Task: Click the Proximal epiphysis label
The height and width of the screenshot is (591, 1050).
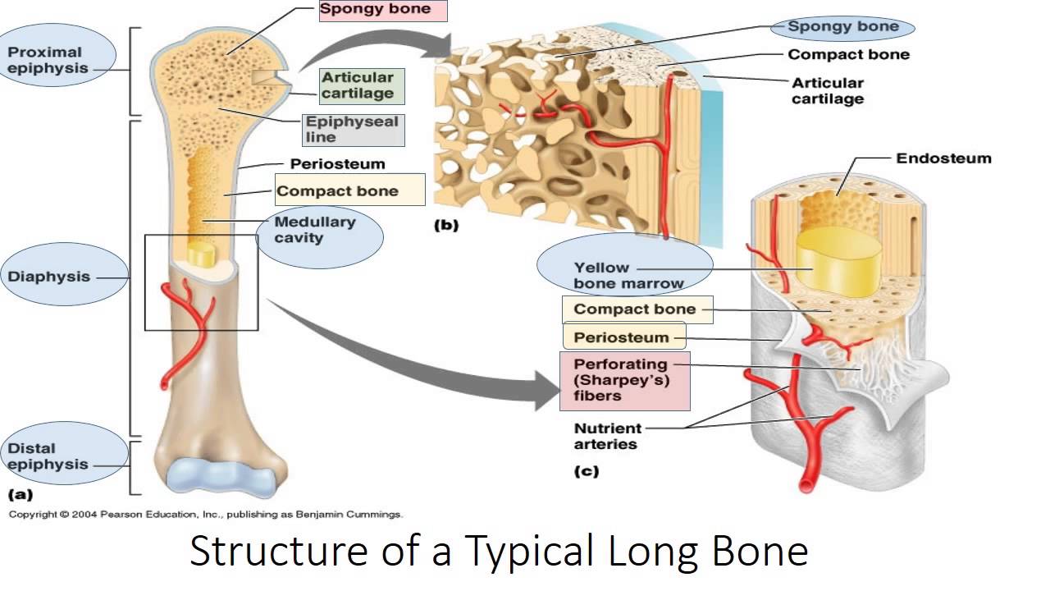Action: tap(47, 60)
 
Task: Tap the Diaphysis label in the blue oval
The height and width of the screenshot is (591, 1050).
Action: tap(49, 277)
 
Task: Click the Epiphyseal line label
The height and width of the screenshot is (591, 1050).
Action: tap(351, 129)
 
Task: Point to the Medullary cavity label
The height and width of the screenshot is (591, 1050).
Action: tap(315, 230)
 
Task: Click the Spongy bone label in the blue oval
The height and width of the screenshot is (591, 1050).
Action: tap(843, 26)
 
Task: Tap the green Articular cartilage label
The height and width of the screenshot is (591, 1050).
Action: tap(358, 85)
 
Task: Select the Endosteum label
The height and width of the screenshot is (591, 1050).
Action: tap(943, 158)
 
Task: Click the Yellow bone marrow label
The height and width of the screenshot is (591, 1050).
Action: tap(628, 275)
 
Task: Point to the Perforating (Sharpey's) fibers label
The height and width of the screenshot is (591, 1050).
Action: tap(621, 379)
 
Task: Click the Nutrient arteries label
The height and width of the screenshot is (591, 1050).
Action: tap(607, 436)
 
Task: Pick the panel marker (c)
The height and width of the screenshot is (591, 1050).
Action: tap(587, 471)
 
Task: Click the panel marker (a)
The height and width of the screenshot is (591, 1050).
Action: tap(20, 494)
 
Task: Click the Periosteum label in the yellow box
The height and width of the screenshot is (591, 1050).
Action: tap(620, 337)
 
